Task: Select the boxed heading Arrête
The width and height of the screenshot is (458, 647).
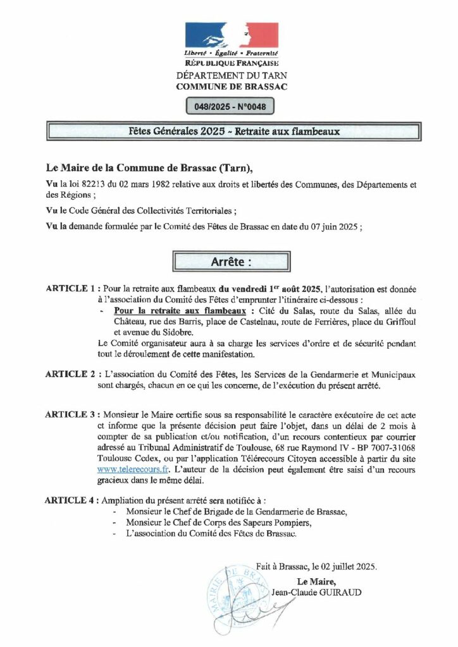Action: click(230, 261)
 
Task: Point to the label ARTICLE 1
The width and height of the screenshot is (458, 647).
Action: click(71, 288)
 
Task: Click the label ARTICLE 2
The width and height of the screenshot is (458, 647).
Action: click(71, 374)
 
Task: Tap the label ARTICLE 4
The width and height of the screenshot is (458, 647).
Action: click(71, 500)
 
